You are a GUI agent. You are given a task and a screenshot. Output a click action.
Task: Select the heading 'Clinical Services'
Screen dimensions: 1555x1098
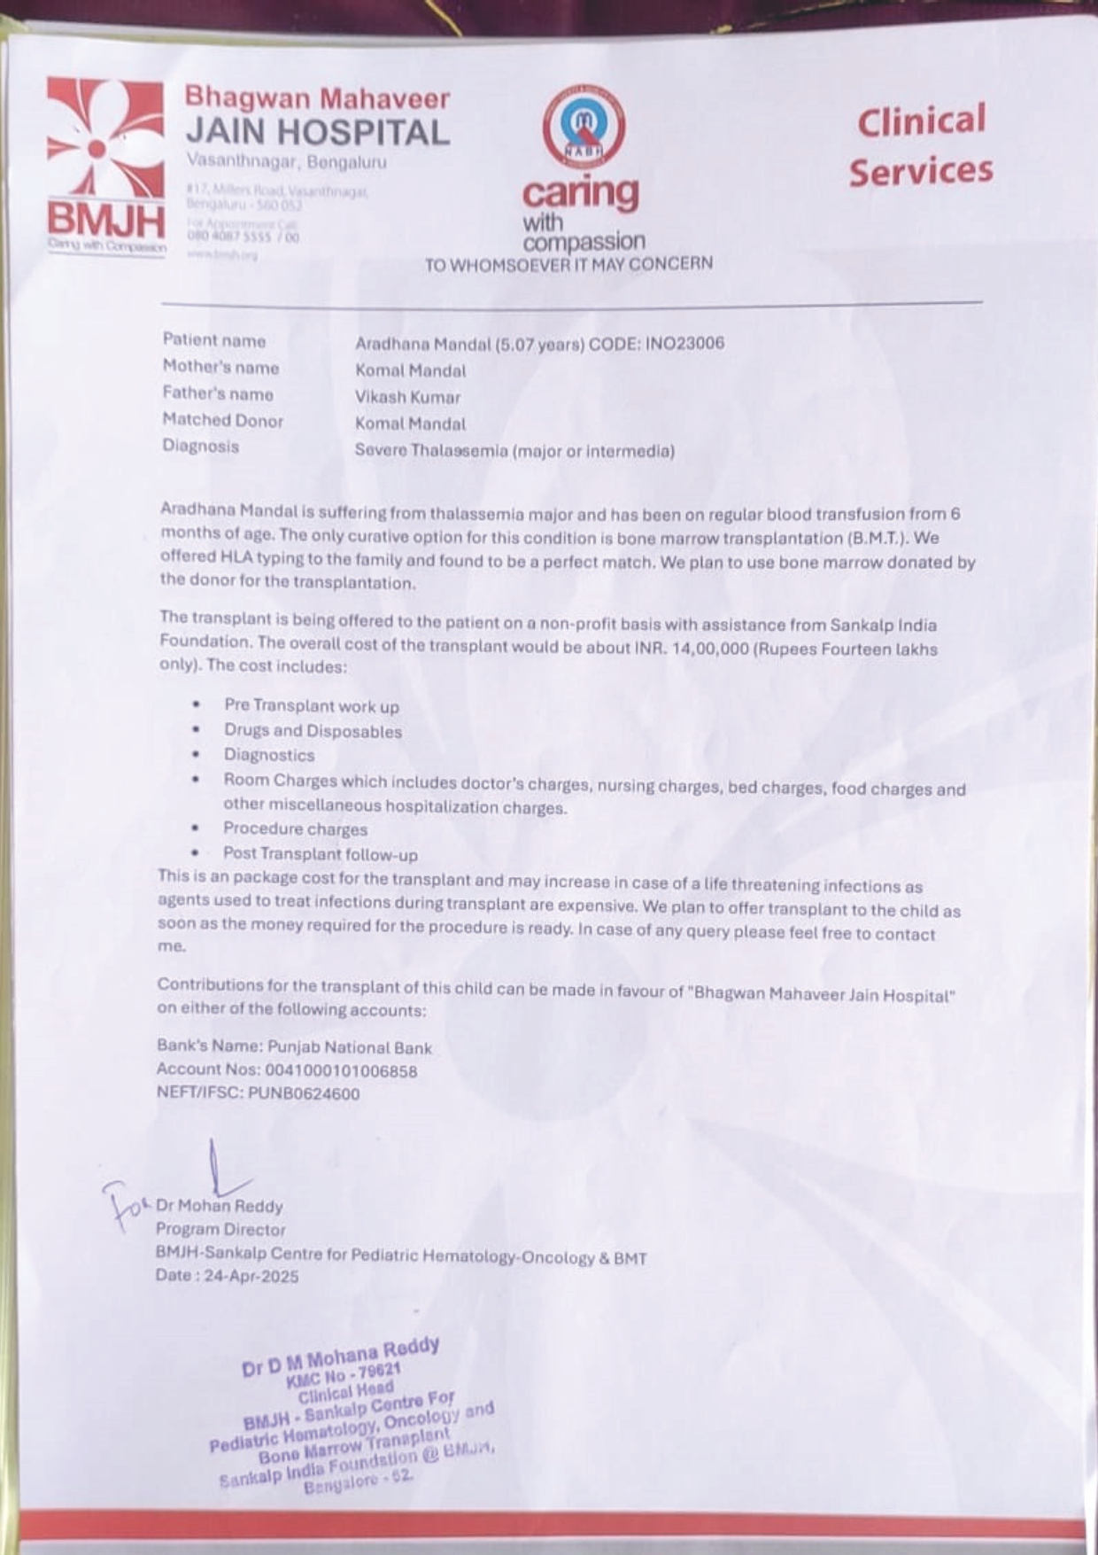(920, 145)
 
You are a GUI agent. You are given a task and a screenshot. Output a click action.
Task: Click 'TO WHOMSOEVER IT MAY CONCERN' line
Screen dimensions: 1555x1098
(568, 264)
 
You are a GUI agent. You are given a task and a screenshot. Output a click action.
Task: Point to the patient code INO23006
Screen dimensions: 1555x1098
(685, 343)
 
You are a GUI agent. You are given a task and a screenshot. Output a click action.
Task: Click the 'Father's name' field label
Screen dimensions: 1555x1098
(218, 394)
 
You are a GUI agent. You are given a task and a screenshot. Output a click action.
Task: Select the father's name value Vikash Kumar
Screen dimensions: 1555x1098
(407, 397)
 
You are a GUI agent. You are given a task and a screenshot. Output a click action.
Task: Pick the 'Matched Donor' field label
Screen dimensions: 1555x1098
(222, 421)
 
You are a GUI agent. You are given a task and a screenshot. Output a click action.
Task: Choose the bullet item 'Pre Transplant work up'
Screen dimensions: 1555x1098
(311, 706)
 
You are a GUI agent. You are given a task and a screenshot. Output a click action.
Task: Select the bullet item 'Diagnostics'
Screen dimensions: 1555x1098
(268, 755)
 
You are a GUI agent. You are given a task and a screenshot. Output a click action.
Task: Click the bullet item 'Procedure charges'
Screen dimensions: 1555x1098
(295, 829)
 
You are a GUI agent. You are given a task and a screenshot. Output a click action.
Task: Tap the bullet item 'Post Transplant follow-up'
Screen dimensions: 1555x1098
(320, 854)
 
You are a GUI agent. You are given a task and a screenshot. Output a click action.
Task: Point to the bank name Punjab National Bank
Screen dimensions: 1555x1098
(350, 1048)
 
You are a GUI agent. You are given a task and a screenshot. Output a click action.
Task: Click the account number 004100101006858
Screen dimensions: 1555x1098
(341, 1070)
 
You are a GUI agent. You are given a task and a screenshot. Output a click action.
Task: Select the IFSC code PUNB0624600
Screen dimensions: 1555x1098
(304, 1093)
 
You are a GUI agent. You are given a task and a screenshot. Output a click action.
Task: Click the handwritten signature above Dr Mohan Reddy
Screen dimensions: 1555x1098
(217, 1170)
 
